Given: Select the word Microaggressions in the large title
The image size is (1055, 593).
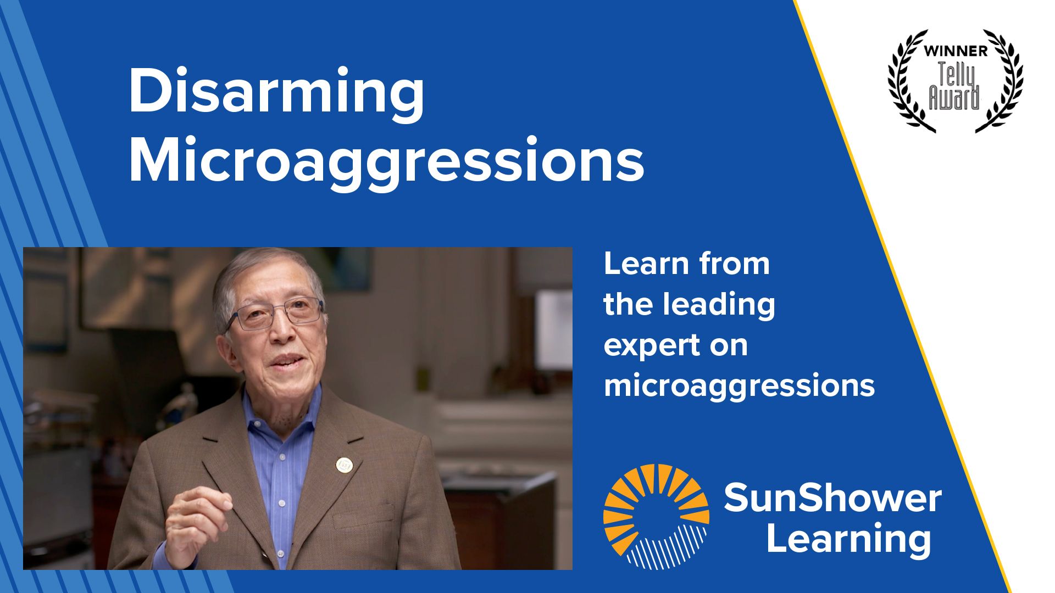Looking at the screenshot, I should [386, 161].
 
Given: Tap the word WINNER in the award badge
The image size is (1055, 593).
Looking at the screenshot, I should [956, 51].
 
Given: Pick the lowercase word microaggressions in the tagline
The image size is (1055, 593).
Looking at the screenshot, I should [739, 386].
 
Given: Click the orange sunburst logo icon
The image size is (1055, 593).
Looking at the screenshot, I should [656, 516].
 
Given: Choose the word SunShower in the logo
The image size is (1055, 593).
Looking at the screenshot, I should [832, 498].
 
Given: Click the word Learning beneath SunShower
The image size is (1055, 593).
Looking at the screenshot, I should [848, 539].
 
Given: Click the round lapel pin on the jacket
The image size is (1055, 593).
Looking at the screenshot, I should [344, 465].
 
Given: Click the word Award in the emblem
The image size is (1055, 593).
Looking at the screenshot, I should [954, 99].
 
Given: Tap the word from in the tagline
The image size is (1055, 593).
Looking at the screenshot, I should [735, 264].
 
